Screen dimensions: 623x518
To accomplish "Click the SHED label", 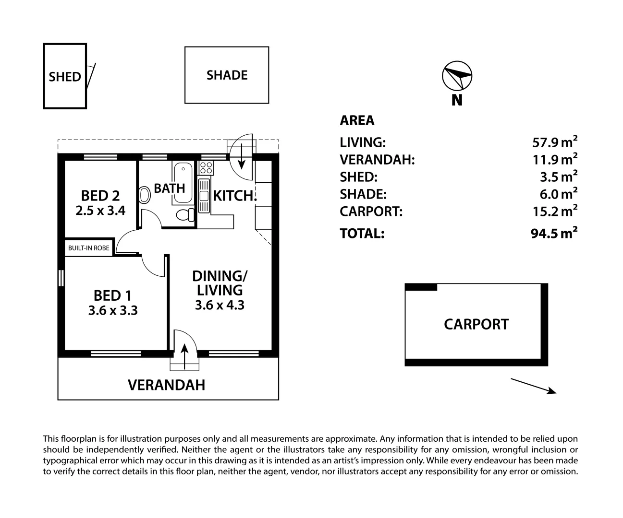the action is (65, 77).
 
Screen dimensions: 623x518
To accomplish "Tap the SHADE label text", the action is (227, 75).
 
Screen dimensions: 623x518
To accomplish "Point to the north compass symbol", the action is (457, 76).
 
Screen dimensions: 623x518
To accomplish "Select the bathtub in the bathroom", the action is (183, 183).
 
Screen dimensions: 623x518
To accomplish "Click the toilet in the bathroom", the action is (185, 215).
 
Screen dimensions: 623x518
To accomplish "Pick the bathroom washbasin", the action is (145, 195).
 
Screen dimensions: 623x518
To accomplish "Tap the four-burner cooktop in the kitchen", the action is (206, 168).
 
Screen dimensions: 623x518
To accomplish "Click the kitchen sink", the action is (204, 196).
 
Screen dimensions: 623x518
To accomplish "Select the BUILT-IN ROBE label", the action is (88, 248).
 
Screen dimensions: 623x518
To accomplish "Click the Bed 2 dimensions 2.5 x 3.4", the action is (100, 211).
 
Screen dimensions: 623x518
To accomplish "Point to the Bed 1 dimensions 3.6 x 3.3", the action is (113, 310).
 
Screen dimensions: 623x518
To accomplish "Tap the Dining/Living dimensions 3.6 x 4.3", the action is (220, 305).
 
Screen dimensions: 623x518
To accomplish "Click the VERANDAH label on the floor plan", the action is (167, 385).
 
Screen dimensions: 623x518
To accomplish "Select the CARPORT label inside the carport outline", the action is (476, 324).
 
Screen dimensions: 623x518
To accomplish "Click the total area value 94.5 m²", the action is (554, 233).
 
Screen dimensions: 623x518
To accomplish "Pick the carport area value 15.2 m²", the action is (555, 211).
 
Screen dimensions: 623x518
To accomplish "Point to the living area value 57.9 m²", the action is (555, 142).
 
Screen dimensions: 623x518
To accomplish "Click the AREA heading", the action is (357, 120).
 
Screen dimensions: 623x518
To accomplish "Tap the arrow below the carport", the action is (534, 386).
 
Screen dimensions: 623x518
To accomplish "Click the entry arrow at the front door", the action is (185, 356).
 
